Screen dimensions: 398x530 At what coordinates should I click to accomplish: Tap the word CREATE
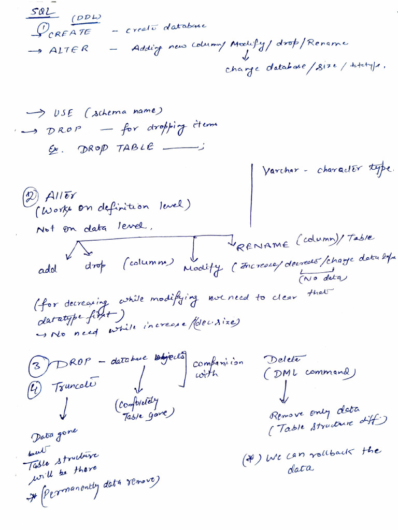(69, 33)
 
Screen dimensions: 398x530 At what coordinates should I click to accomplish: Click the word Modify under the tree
(202, 268)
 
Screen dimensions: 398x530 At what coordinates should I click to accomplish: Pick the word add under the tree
(48, 269)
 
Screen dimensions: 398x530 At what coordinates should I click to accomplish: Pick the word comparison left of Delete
(217, 363)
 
